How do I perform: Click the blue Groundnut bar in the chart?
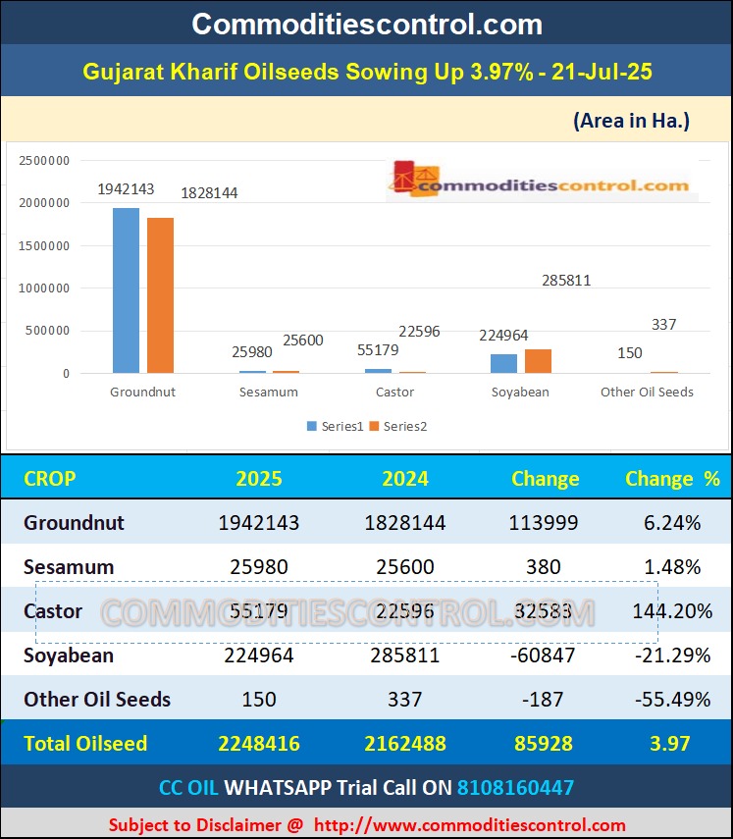coord(126,290)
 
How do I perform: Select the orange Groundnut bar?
coord(160,295)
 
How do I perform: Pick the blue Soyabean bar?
coord(503,364)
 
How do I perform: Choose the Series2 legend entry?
coord(398,427)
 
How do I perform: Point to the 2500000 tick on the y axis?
coord(44,161)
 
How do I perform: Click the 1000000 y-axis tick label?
coord(44,288)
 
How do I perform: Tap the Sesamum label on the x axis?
coord(268,393)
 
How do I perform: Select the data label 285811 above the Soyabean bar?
coord(566,281)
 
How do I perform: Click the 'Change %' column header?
coord(672,479)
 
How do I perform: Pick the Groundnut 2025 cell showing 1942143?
coord(260,523)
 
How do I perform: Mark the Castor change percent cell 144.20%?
coord(672,611)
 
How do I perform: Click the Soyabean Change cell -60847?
coord(544,655)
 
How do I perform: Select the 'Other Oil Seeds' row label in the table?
coord(97,700)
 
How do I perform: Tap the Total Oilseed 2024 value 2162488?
coord(405,744)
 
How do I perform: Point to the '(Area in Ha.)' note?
coord(631,121)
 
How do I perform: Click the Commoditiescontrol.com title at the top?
coord(366,24)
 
